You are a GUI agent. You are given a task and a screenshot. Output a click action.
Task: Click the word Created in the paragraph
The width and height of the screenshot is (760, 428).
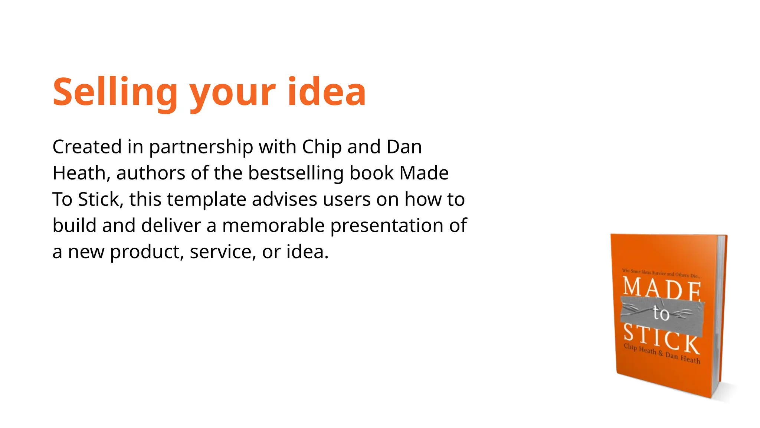tap(87, 147)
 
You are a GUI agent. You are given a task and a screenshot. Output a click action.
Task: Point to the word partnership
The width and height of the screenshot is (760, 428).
tap(201, 147)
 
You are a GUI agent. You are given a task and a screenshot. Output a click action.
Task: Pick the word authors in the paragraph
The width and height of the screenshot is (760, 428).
tap(150, 173)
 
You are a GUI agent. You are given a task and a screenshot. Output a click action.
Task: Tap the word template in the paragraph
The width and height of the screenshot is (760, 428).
tap(206, 200)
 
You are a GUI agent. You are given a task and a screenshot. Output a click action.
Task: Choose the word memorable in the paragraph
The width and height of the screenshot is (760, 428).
tap(273, 226)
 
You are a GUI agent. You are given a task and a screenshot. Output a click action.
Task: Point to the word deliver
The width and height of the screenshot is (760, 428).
tap(171, 226)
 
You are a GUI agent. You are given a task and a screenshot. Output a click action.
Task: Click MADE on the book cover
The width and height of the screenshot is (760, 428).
tap(662, 288)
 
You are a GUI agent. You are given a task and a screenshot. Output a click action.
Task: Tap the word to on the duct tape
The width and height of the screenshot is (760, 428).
tap(661, 313)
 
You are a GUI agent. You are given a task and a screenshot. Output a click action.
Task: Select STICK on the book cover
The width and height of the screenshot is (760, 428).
tap(661, 338)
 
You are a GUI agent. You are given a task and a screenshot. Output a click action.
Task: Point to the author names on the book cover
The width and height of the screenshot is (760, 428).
tap(662, 354)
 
